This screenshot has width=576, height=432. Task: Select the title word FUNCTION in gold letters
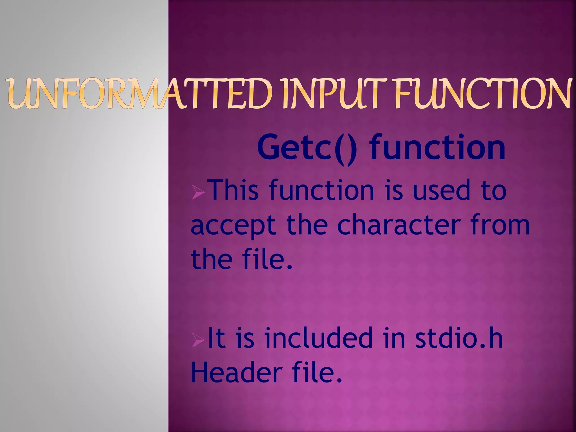click(483, 94)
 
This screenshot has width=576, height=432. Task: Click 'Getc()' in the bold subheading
click(307, 148)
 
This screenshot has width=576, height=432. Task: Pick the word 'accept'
click(233, 226)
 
